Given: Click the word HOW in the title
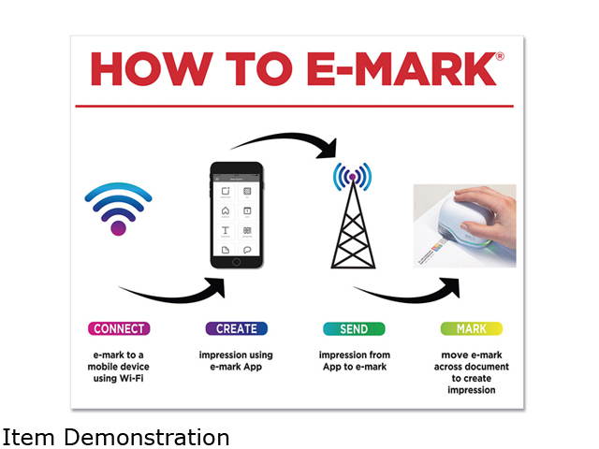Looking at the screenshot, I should coord(151,70).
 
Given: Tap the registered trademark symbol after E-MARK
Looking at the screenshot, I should coord(499,56).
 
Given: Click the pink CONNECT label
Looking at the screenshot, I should coord(119,328).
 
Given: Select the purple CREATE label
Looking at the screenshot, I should coord(236,328).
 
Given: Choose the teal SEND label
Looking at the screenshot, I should coord(353,328).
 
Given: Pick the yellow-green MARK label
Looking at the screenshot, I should coord(471,328).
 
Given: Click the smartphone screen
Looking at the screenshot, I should coord(236,215).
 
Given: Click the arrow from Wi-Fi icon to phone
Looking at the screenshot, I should coord(178,293).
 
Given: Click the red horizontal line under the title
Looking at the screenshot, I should coord(294,106).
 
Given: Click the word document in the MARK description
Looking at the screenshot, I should coord(495,368).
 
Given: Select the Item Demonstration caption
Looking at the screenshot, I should coord(116,437).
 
